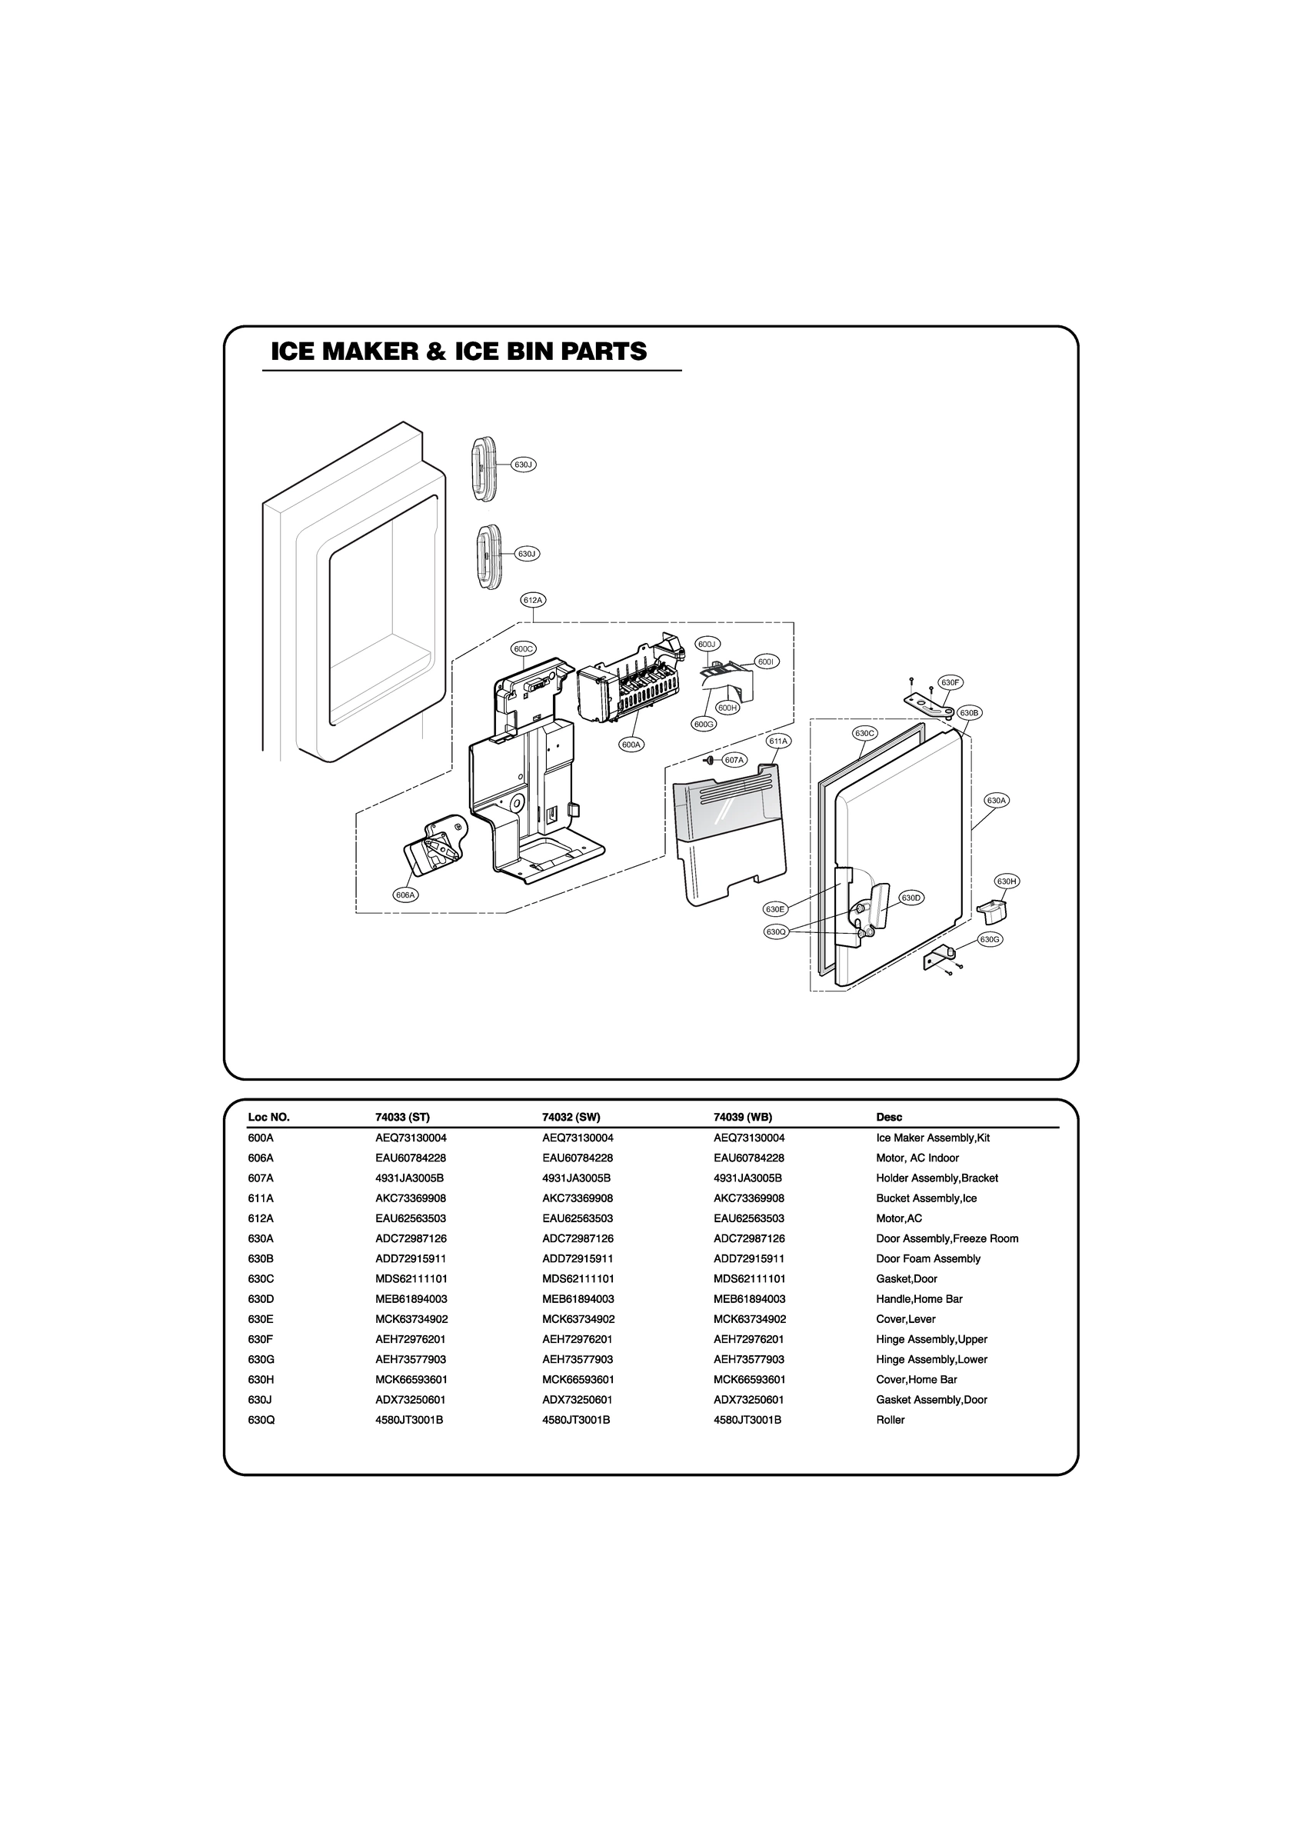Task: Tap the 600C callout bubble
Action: click(524, 648)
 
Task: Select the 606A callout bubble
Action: click(405, 895)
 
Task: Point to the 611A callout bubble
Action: click(778, 740)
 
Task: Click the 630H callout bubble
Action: click(1007, 881)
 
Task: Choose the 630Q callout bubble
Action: click(775, 931)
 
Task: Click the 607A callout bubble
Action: click(734, 760)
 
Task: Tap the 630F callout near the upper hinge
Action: click(950, 682)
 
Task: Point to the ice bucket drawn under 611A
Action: click(729, 836)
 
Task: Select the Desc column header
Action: click(888, 1117)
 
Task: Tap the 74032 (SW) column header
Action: click(571, 1117)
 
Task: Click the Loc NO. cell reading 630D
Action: click(261, 1298)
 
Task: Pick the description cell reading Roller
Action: click(890, 1420)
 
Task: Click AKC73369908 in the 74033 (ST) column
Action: click(410, 1198)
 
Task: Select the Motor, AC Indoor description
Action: click(917, 1158)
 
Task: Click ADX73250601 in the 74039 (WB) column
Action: click(748, 1400)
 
